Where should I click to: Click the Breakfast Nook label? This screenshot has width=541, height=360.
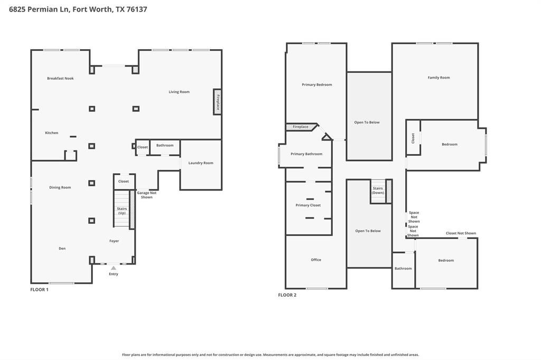coord(60,78)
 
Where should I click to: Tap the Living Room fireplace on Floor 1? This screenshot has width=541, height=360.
coord(217,102)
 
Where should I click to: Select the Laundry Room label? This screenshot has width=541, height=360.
coord(201,163)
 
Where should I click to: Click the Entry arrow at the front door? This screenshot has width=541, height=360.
coord(114,268)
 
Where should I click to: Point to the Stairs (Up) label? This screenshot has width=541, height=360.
coord(122,211)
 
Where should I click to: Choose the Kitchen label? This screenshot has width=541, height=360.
coord(52,133)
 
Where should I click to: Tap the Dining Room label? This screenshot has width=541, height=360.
coord(60,187)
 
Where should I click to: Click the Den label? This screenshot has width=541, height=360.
coord(62,248)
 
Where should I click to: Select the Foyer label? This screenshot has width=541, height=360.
coord(114,241)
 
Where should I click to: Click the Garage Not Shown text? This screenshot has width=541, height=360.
coord(147,195)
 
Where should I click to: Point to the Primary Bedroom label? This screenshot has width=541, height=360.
coord(317,84)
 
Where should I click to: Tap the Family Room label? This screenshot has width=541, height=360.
coord(439,78)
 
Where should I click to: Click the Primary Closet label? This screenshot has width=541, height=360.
coord(308,205)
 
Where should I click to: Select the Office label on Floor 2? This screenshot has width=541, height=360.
coord(316,260)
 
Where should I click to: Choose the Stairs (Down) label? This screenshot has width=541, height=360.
coord(378,191)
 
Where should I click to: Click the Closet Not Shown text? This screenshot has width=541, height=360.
coord(461,233)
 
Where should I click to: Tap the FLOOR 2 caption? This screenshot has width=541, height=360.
coord(287,295)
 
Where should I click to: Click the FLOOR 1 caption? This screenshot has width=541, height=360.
coord(39,289)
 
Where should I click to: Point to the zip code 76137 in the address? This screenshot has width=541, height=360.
coord(137,10)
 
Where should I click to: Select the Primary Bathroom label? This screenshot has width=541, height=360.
coord(306,154)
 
